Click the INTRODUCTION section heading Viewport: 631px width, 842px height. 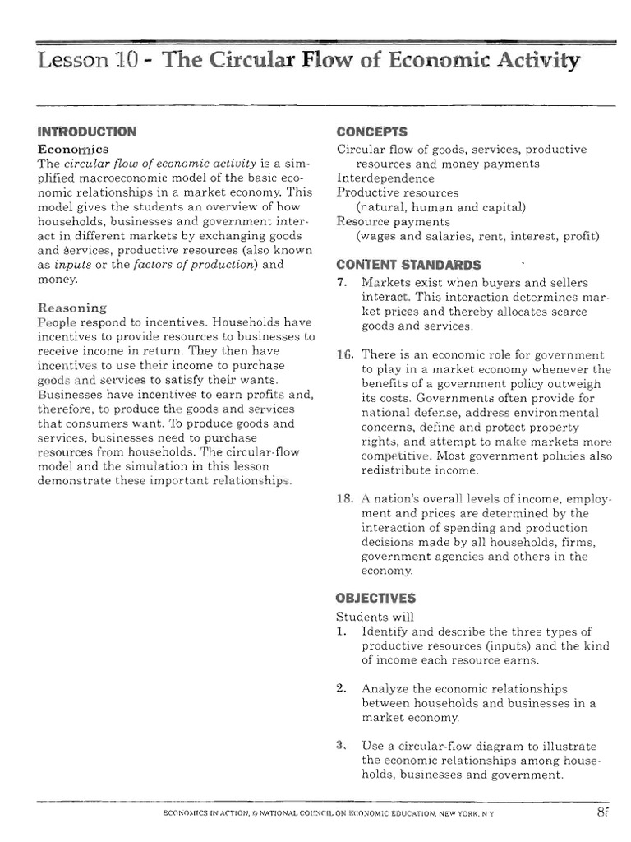(x=87, y=132)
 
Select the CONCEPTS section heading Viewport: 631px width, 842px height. (x=372, y=132)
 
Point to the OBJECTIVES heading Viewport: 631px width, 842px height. (x=376, y=599)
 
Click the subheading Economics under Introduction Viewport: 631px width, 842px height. (x=73, y=149)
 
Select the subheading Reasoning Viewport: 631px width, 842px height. (x=72, y=308)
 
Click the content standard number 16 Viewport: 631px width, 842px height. (x=345, y=354)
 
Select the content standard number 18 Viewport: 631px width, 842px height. (x=345, y=499)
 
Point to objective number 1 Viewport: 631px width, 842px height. (x=342, y=631)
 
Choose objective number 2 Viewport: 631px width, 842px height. (x=342, y=688)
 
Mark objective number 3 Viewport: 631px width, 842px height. (x=342, y=746)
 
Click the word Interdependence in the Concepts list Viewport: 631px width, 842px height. (x=385, y=178)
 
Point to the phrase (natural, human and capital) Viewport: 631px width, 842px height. (x=440, y=206)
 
